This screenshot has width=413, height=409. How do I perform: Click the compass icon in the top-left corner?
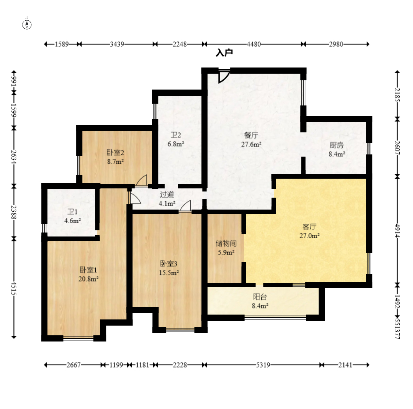tap(27, 25)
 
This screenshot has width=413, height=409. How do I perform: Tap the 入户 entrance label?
tap(224, 53)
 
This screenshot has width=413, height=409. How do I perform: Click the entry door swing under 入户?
tap(223, 77)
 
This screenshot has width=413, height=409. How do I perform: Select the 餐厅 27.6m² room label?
tap(251, 140)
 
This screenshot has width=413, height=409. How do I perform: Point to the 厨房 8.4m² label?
tap(337, 150)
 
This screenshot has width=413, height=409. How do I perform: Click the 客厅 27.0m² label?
tap(309, 231)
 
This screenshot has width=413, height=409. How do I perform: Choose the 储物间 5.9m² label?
tap(226, 248)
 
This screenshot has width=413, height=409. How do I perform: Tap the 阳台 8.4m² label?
tap(260, 301)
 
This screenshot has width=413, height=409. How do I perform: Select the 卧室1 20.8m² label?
tap(89, 274)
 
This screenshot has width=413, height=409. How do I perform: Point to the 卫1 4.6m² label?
tap(72, 216)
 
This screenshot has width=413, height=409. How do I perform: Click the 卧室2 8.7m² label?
tap(115, 157)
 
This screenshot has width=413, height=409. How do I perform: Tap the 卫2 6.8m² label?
tap(176, 139)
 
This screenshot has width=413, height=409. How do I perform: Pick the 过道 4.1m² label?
tap(167, 199)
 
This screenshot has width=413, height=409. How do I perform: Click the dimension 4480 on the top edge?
tap(254, 44)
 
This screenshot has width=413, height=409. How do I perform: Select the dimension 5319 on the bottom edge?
tap(263, 365)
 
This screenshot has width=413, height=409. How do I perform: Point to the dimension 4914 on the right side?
tap(398, 231)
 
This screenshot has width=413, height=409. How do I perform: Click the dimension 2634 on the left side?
tap(14, 157)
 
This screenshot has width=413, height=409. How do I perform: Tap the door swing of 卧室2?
tap(142, 180)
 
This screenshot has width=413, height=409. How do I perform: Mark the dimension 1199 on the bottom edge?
tap(116, 365)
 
